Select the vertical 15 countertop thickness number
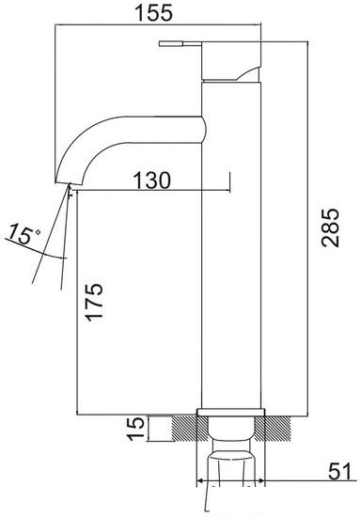tap(137, 429)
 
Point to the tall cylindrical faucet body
tap(230, 263)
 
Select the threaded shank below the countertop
tap(231, 465)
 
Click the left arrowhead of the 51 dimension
tap(200, 482)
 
